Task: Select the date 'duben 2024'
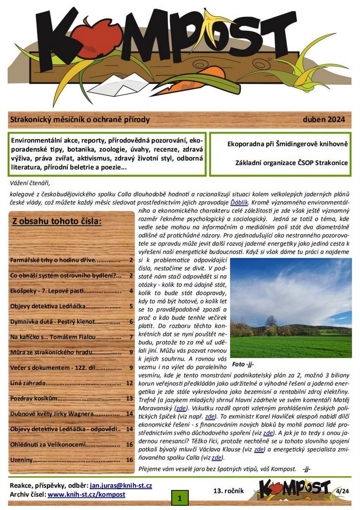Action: click(x=324, y=120)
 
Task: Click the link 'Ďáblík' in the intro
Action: click(x=239, y=203)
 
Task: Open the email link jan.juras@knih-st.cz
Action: click(x=121, y=485)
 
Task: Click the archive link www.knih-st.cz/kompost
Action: click(x=86, y=495)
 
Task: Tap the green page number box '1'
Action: click(x=180, y=498)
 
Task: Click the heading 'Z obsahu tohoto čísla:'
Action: click(x=57, y=221)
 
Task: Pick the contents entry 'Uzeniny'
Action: click(x=22, y=459)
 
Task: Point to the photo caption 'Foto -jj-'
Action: click(x=244, y=363)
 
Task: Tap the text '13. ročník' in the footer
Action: click(x=228, y=491)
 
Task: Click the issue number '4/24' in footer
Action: click(x=343, y=491)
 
